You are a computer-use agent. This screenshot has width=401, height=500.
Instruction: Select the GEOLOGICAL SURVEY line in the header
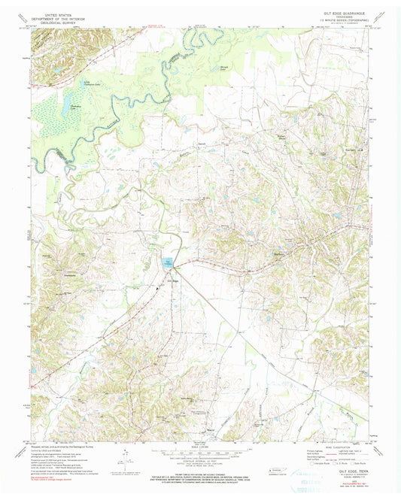pyautogui.click(x=60, y=23)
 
